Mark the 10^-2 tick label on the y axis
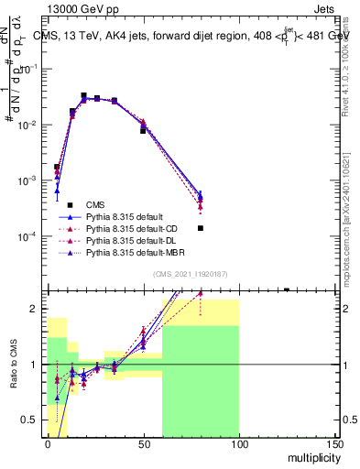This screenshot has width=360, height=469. [x=28, y=125]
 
